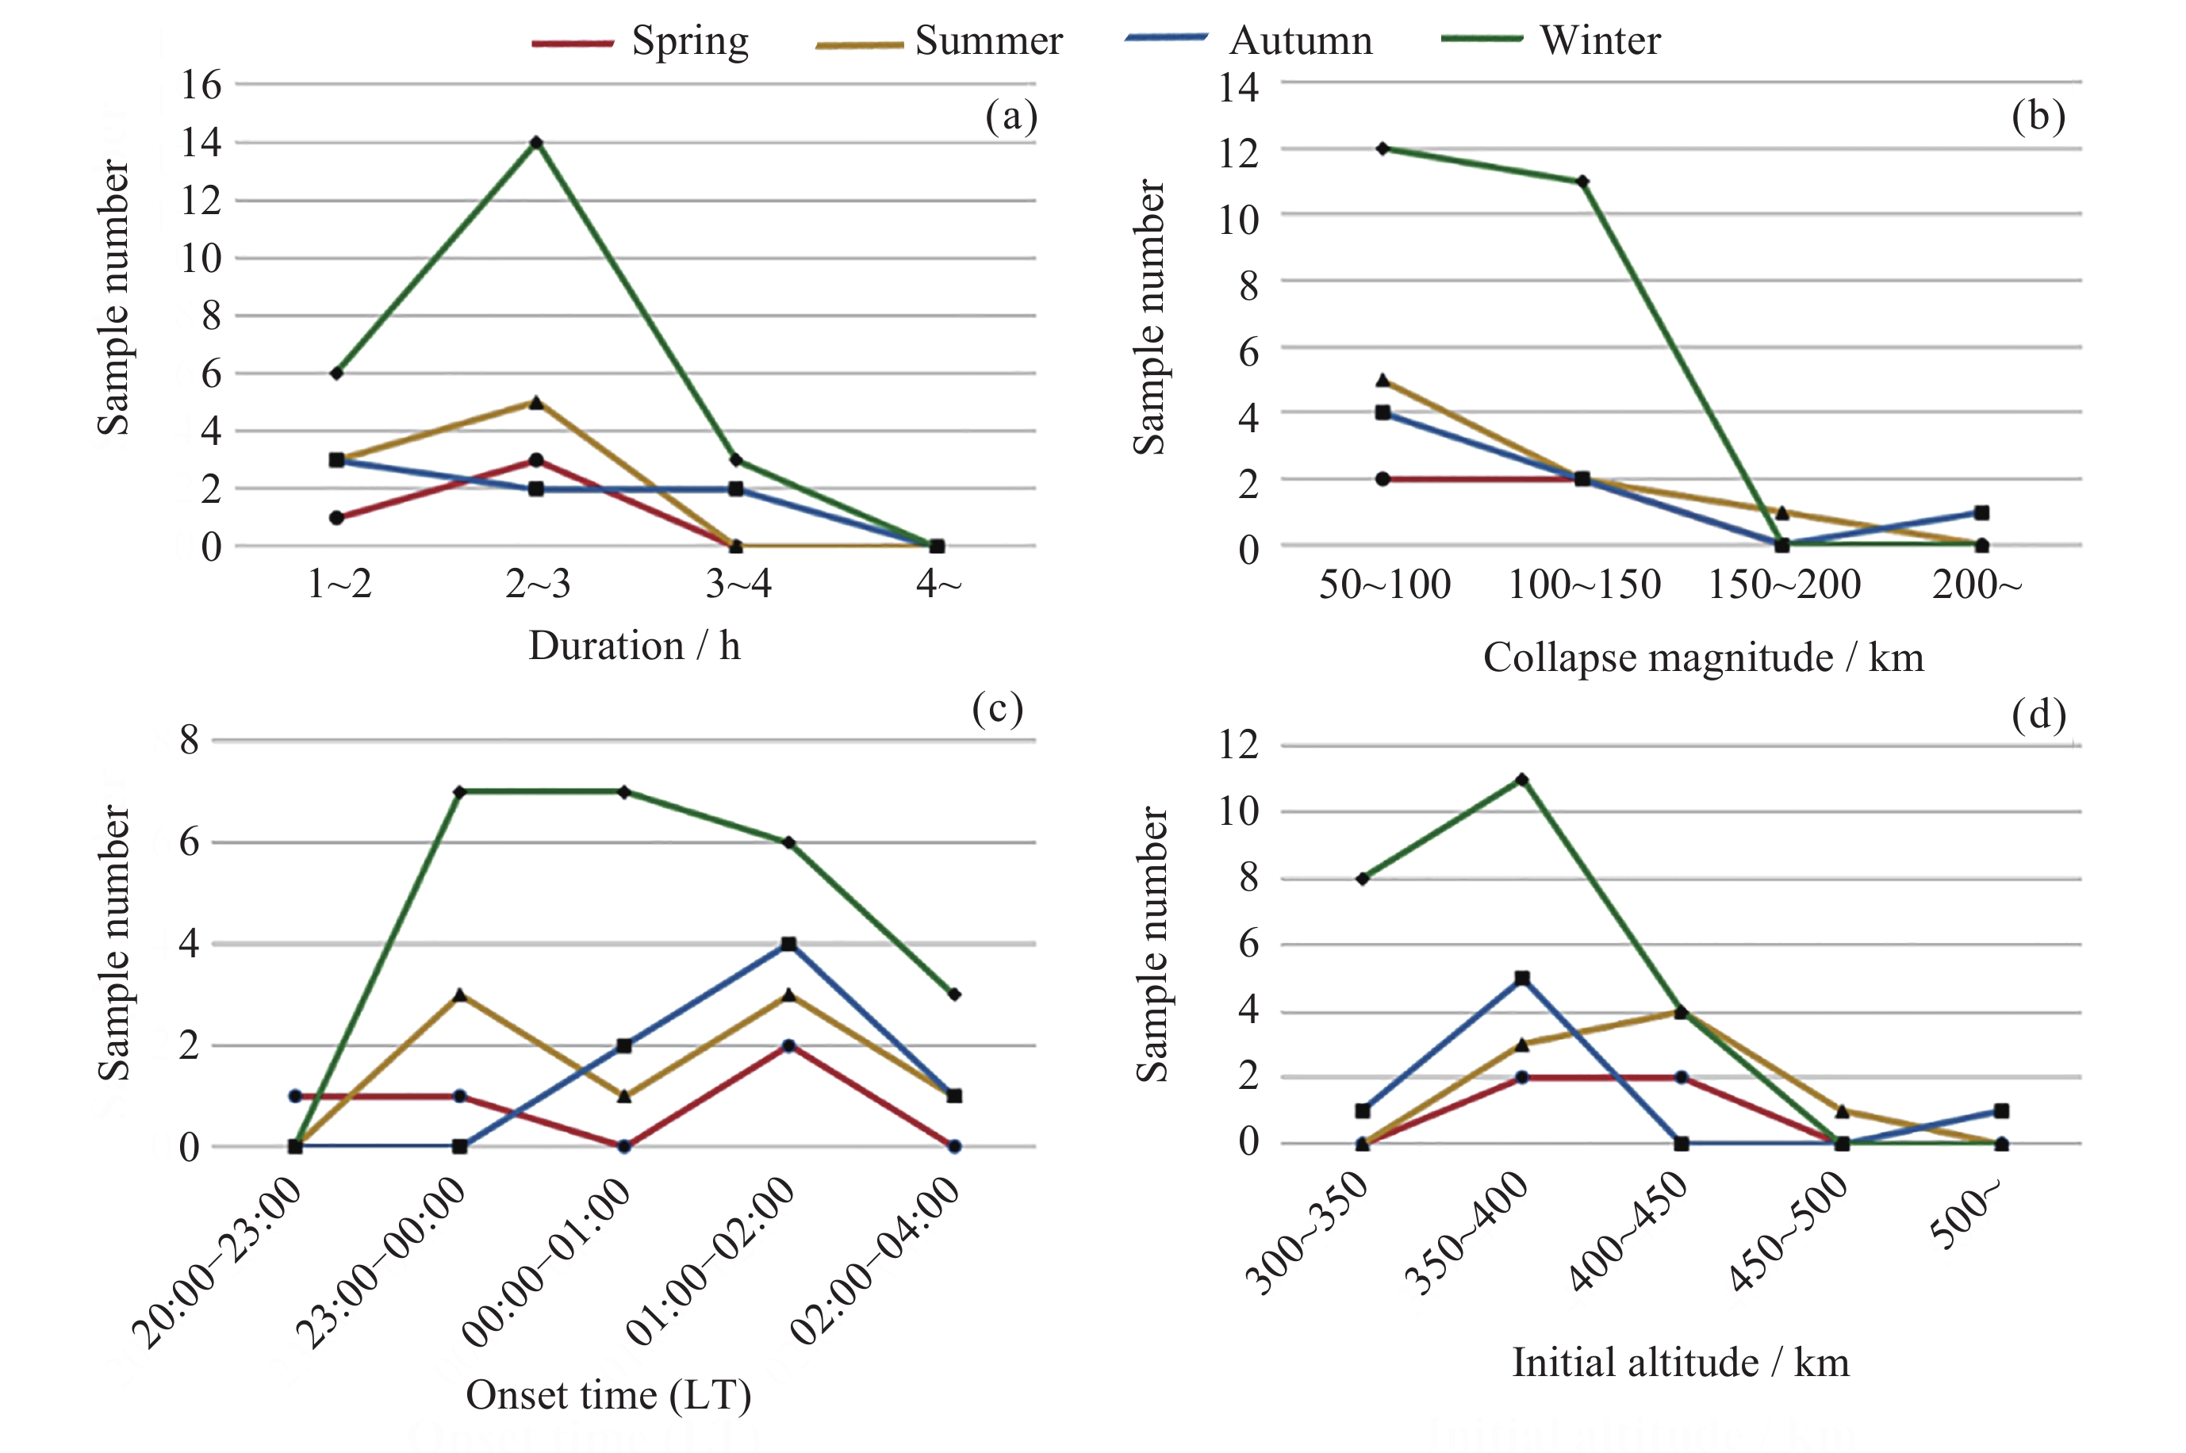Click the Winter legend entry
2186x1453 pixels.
click(1551, 40)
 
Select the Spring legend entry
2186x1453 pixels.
click(640, 42)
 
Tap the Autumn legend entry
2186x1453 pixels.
click(1248, 40)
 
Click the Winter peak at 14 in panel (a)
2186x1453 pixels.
click(536, 143)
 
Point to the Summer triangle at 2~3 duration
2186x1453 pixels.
click(536, 402)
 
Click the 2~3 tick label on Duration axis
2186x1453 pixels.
click(538, 584)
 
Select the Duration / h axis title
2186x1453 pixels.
click(635, 645)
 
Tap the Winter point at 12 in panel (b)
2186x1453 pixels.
click(1383, 148)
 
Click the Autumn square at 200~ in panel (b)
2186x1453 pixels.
click(1981, 512)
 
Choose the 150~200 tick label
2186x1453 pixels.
click(1784, 584)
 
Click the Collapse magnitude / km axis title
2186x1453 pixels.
click(1703, 657)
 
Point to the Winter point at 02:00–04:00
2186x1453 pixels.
click(954, 995)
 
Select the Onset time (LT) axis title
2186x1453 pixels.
click(609, 1394)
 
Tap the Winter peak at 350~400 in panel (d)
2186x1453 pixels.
click(1521, 780)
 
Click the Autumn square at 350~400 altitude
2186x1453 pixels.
click(1521, 979)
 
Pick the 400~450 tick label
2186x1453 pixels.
click(1628, 1232)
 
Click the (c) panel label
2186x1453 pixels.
click(997, 709)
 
